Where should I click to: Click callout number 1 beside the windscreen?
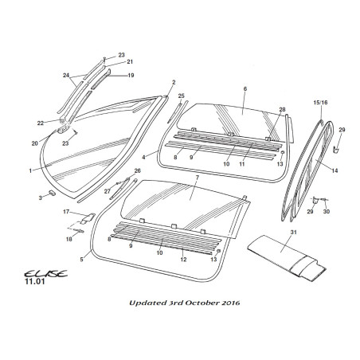[30, 170]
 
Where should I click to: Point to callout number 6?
[245, 88]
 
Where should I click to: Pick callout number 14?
[335, 170]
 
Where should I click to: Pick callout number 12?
[184, 259]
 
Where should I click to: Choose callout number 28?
[282, 109]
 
